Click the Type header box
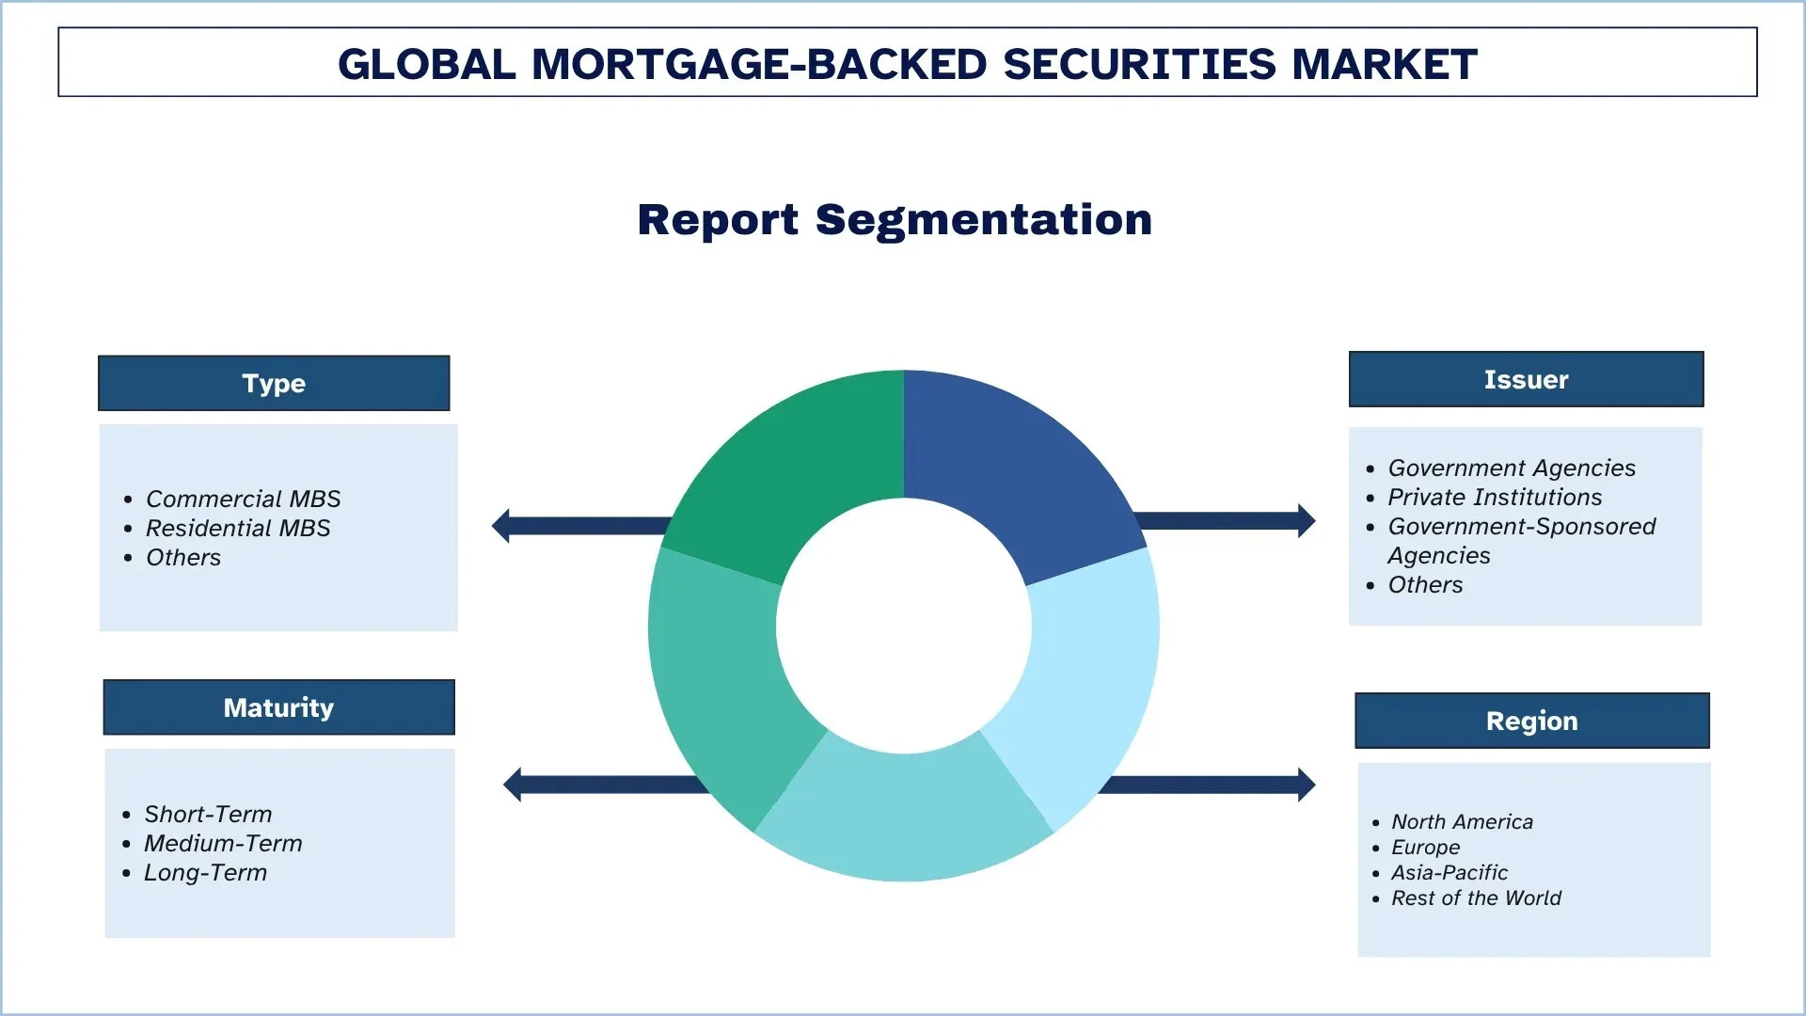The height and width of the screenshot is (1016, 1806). (274, 383)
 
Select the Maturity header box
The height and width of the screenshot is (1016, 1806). (278, 707)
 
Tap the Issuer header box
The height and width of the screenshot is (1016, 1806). (1526, 379)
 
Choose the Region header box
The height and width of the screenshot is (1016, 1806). (1531, 721)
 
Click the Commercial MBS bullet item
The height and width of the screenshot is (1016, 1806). (243, 499)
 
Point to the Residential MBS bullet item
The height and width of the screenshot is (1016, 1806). (238, 528)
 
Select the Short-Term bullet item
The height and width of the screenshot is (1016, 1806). (208, 814)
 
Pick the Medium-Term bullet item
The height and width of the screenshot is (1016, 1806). (223, 843)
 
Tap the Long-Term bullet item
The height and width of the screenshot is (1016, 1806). (205, 872)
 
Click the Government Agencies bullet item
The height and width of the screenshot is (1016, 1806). (1512, 468)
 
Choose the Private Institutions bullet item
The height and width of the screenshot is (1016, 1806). (1495, 497)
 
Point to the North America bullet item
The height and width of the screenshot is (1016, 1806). (1462, 821)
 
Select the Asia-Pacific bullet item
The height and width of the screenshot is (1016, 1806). (1450, 872)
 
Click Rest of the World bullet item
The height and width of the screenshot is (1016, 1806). (1476, 897)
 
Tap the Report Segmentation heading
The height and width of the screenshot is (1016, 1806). (895, 219)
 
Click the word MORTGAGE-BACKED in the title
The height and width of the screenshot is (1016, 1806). (759, 64)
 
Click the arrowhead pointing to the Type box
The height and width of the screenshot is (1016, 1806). (501, 526)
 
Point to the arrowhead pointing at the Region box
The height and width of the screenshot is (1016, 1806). (1306, 785)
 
